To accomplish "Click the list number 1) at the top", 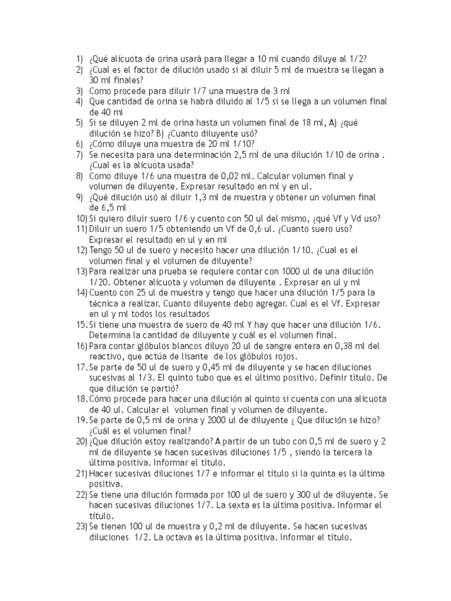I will (x=79, y=58).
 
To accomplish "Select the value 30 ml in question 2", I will (x=99, y=80).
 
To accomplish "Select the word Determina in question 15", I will (x=111, y=335).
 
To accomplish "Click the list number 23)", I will (x=82, y=526).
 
